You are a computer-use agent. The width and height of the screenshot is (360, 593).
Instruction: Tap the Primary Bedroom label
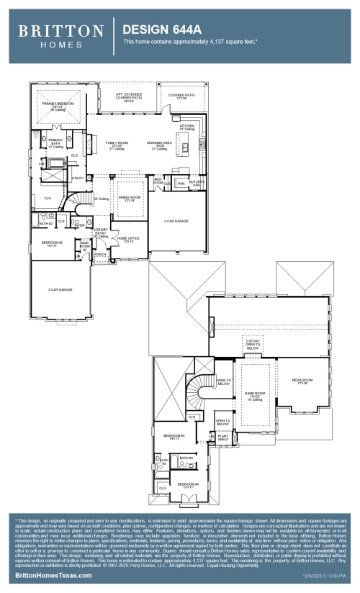(x=58, y=106)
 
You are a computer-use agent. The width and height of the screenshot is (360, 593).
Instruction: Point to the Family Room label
(x=117, y=145)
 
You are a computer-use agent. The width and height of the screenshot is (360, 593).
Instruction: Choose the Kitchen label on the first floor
(x=186, y=127)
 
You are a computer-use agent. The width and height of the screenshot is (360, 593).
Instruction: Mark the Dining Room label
(x=128, y=199)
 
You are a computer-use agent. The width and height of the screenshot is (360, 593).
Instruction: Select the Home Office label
(x=128, y=240)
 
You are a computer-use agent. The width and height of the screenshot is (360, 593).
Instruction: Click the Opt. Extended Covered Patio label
(x=130, y=97)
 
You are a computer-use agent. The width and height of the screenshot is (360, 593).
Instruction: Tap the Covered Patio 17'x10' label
(x=181, y=97)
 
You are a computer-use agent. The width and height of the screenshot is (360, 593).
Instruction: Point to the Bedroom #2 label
(x=52, y=244)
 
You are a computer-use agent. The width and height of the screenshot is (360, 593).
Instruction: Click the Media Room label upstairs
(x=302, y=381)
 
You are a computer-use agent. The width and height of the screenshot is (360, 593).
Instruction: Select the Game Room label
(x=255, y=395)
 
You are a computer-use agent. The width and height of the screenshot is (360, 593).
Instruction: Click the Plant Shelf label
(x=222, y=437)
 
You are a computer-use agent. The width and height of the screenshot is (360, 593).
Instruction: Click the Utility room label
(x=77, y=178)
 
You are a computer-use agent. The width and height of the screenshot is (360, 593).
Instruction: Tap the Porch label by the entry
(x=100, y=254)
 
